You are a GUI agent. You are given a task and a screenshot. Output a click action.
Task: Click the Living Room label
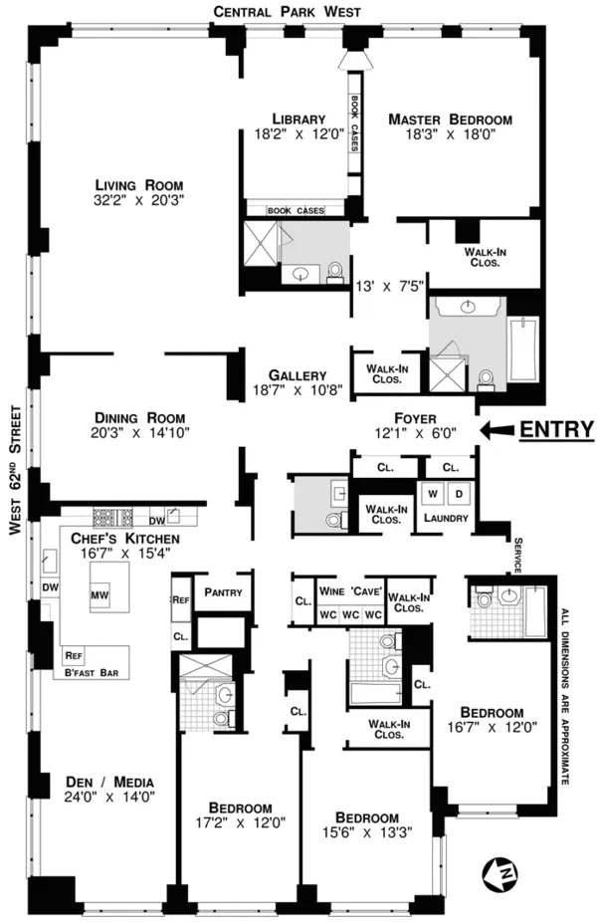pos(138,185)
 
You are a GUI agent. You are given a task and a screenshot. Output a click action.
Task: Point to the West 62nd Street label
pos(14,470)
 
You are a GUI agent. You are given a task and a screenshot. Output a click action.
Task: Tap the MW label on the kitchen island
pos(99,595)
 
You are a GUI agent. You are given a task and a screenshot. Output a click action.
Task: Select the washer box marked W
pos(433,494)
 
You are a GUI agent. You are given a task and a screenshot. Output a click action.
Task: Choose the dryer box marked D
pos(459,494)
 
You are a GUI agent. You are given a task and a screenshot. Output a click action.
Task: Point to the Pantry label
pos(224,592)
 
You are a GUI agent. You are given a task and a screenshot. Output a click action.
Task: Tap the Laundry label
pos(446,518)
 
